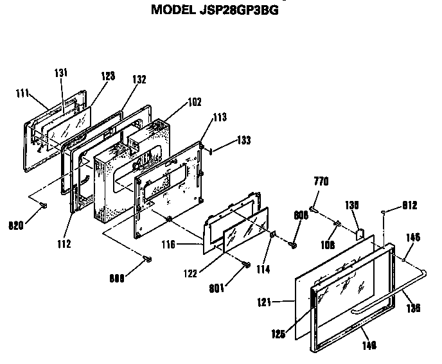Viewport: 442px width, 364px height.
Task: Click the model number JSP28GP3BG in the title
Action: (x=235, y=10)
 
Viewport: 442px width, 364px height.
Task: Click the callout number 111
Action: (x=23, y=94)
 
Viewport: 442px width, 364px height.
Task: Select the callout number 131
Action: (x=60, y=73)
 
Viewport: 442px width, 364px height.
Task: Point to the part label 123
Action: (x=107, y=76)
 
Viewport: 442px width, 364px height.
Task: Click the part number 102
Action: (x=194, y=101)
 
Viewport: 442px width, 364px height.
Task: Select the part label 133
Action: (x=243, y=139)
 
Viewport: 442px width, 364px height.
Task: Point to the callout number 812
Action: (x=410, y=206)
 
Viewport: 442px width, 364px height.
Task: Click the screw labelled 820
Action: (x=43, y=205)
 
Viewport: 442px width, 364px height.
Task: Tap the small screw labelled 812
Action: (x=384, y=211)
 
